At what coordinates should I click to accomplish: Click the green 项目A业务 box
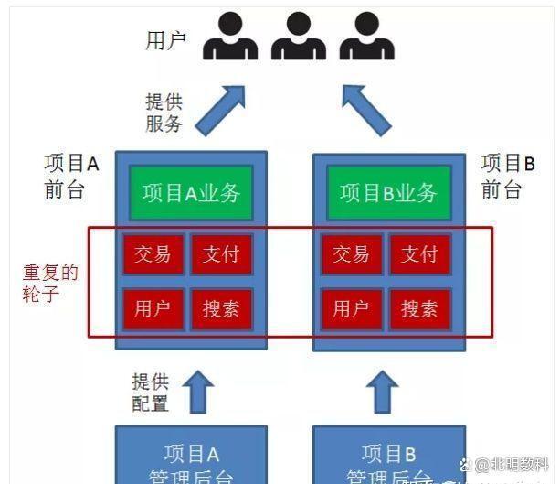[x=191, y=192]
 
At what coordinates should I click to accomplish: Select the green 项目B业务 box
[x=388, y=192]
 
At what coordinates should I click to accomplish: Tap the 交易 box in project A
[x=152, y=253]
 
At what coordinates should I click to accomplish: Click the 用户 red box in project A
[x=152, y=308]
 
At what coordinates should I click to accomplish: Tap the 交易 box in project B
[x=350, y=253]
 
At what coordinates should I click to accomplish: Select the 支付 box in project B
[x=419, y=253]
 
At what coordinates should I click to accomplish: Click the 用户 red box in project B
[x=350, y=308]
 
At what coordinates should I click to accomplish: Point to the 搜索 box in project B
[x=419, y=308]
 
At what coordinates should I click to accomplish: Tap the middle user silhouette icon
[x=299, y=37]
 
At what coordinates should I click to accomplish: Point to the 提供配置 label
[x=150, y=393]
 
